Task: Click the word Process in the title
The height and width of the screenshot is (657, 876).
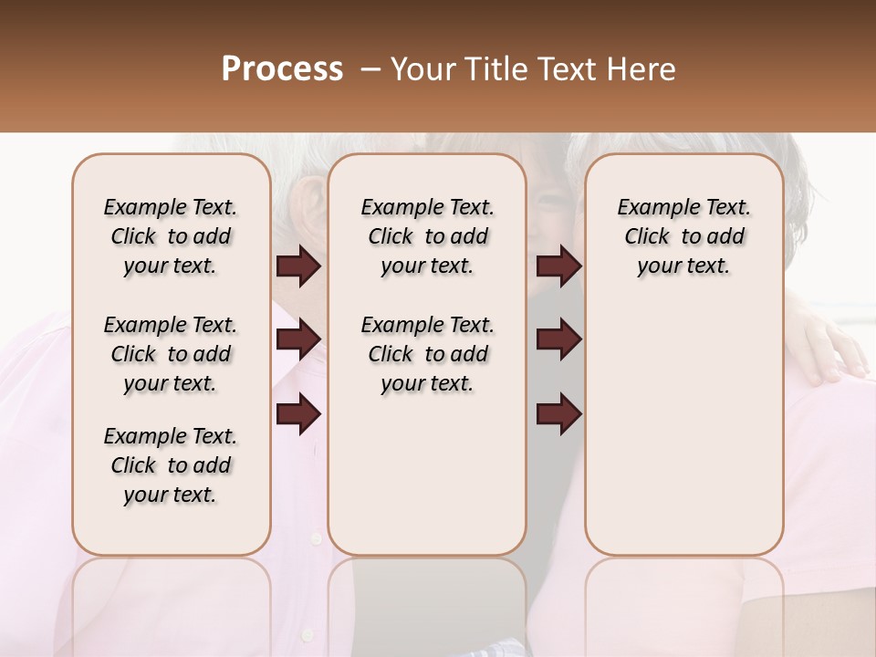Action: click(x=282, y=69)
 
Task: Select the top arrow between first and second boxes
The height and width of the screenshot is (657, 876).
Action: click(x=298, y=266)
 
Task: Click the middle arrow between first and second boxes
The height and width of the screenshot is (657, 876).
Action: click(x=298, y=339)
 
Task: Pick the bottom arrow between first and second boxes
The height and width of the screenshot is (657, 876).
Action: click(x=298, y=413)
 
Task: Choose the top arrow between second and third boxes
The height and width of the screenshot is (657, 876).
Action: click(x=558, y=266)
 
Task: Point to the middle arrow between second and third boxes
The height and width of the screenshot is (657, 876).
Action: click(x=558, y=339)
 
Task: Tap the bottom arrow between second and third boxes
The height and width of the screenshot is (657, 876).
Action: click(x=558, y=413)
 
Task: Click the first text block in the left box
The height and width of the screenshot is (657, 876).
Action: click(x=171, y=236)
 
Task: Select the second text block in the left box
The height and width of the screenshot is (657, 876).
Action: click(x=171, y=354)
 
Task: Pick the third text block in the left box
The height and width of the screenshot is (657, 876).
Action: click(x=171, y=465)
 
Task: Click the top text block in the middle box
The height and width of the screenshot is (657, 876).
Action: click(x=427, y=236)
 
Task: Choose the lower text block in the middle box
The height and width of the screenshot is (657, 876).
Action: click(x=427, y=354)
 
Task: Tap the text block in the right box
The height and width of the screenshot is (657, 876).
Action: click(x=683, y=236)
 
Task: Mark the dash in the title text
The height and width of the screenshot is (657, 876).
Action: click(x=370, y=69)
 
